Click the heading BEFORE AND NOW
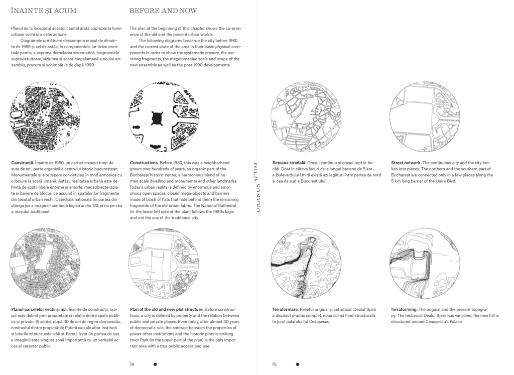tap(163, 11)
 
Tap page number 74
tap(132, 365)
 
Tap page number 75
tap(274, 365)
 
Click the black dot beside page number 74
tap(155, 365)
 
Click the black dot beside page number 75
tap(297, 365)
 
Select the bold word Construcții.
tap(21, 163)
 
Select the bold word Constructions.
tap(144, 163)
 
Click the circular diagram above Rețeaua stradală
tap(306, 117)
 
